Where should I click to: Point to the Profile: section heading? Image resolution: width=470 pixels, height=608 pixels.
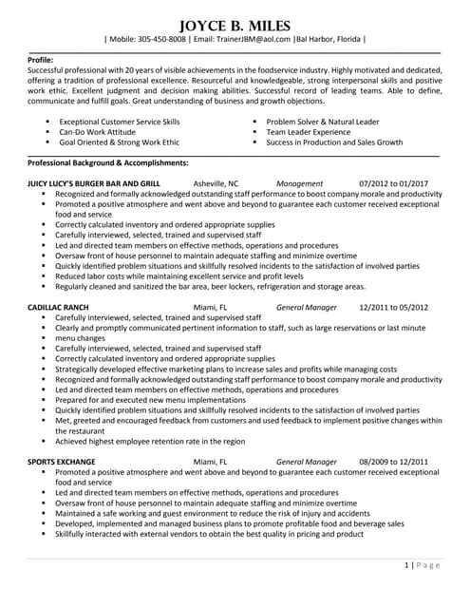41,59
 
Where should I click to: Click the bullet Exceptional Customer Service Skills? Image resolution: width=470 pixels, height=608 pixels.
119,123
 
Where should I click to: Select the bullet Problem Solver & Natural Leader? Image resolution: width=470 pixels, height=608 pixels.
322,123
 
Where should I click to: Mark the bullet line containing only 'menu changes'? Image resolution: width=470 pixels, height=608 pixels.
80,337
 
